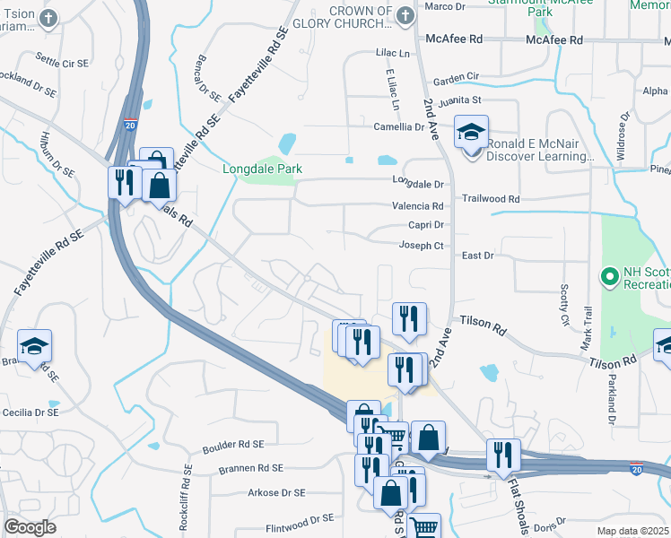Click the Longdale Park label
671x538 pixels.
[x=263, y=169]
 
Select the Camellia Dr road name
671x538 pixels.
[x=399, y=127]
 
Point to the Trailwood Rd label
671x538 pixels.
[x=491, y=198]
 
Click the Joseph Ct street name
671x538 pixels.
[x=420, y=246]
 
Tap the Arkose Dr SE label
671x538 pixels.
[x=276, y=492]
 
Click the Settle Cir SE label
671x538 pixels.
[x=62, y=65]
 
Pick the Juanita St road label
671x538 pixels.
[x=457, y=100]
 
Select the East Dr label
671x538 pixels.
[x=477, y=256]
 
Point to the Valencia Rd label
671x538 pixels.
[x=418, y=206]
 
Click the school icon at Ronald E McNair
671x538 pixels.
[x=471, y=134]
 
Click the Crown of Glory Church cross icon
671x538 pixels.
[x=405, y=15]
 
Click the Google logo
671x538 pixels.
[x=30, y=527]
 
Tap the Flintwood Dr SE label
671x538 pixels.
[x=300, y=518]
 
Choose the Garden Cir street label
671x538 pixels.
[x=456, y=78]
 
